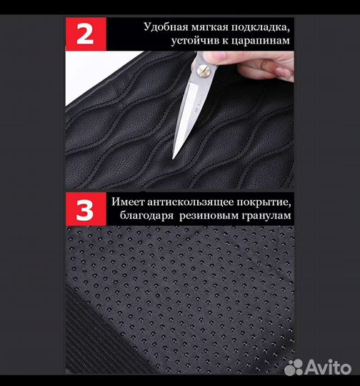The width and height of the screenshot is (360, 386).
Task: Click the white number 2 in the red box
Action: pos(85,34)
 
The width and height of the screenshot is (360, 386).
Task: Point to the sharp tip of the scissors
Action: pos(174,157)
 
